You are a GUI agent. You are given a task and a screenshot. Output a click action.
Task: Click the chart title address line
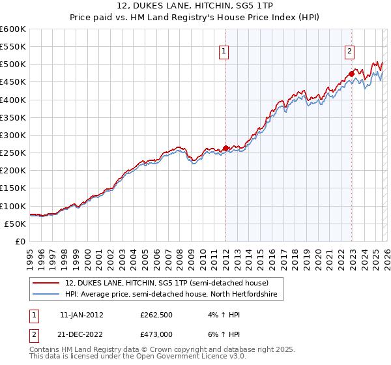[195, 7]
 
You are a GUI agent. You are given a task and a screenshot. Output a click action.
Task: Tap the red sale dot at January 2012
[226, 149]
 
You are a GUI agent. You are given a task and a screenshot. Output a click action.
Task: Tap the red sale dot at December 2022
[352, 74]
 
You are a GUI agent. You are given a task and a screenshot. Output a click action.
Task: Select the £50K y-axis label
[15, 224]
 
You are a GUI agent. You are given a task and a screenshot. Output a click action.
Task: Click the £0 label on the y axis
[20, 241]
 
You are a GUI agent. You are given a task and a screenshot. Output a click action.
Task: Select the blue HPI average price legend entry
[171, 295]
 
